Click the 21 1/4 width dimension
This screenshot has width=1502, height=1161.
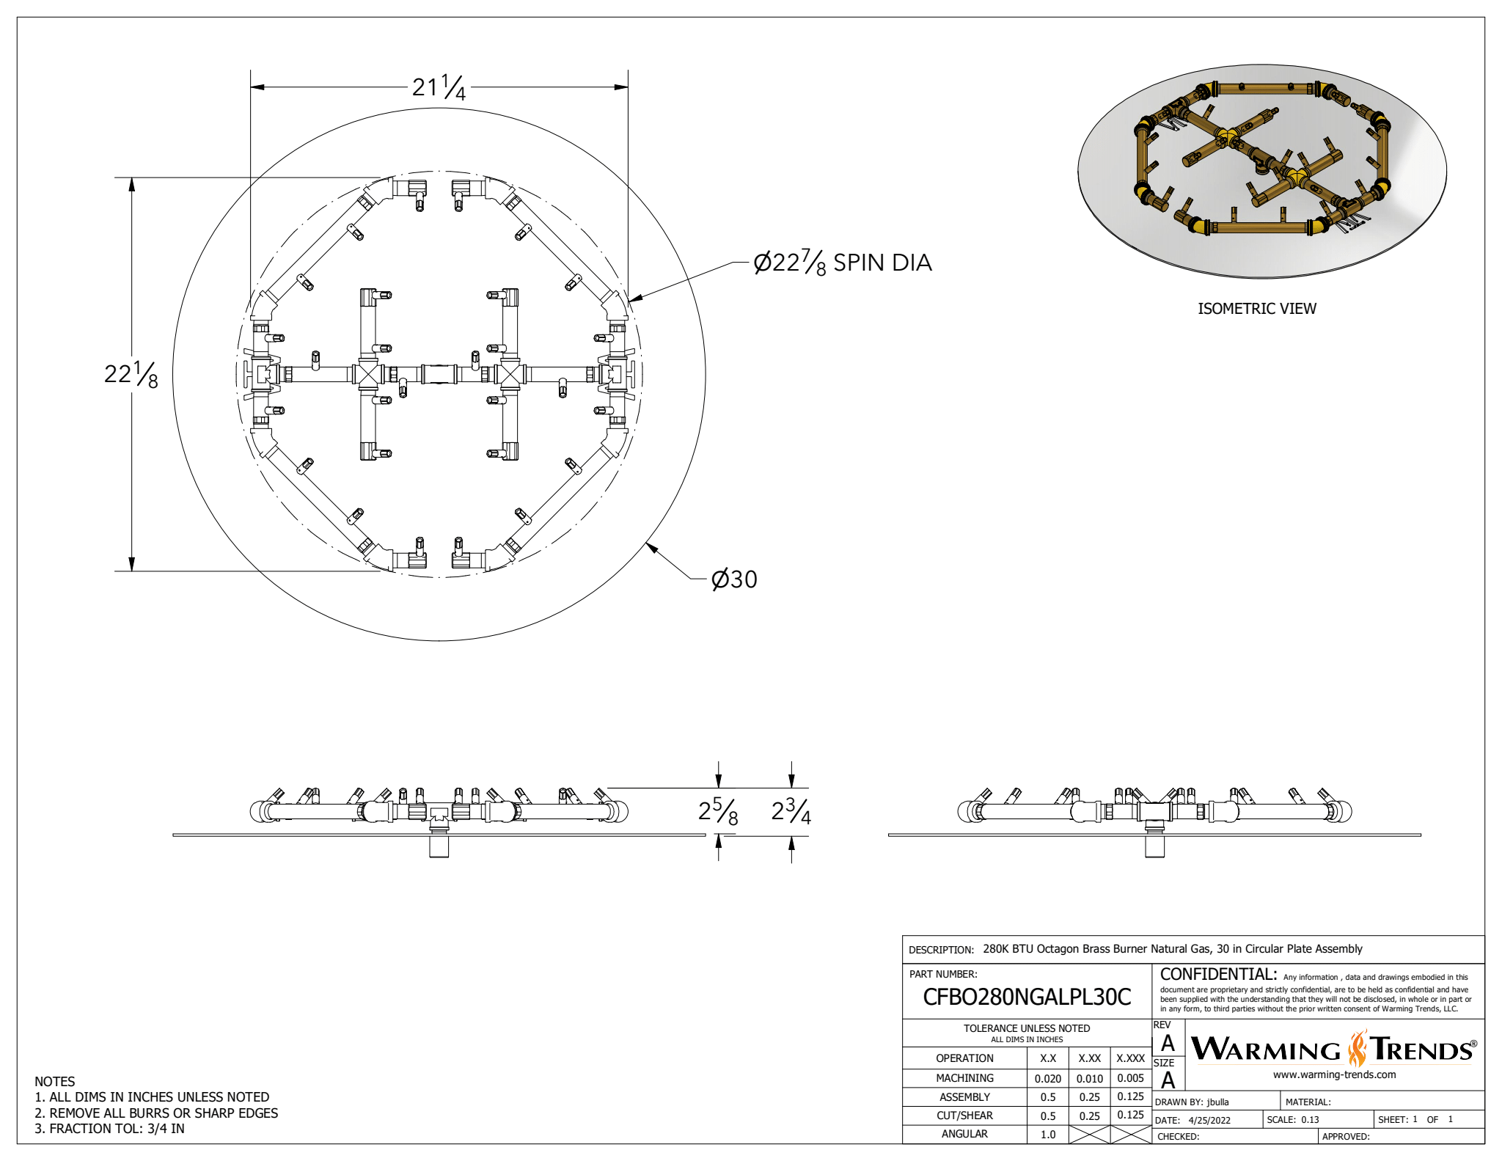tap(439, 87)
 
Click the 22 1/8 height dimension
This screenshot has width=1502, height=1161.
tap(131, 374)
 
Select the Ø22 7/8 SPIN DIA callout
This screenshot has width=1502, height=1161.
tap(843, 263)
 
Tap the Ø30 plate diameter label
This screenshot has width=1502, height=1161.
tap(734, 579)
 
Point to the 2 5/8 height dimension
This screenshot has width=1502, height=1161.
tap(718, 812)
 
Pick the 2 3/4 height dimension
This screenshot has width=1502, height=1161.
tap(791, 812)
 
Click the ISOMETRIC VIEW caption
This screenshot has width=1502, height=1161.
tap(1256, 309)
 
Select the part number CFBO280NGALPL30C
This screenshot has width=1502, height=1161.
tap(1026, 997)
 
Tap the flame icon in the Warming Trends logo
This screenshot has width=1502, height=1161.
tap(1358, 1049)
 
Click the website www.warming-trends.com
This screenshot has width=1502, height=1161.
tap(1334, 1075)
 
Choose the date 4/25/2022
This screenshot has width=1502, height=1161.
tap(1209, 1121)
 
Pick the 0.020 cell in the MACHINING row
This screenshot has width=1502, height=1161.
tap(1047, 1079)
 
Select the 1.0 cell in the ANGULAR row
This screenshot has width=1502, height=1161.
tap(1047, 1135)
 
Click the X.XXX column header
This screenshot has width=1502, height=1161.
tap(1130, 1058)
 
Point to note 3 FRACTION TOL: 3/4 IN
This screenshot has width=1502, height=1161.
tap(110, 1129)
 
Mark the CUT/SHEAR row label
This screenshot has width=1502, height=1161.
tap(964, 1116)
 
